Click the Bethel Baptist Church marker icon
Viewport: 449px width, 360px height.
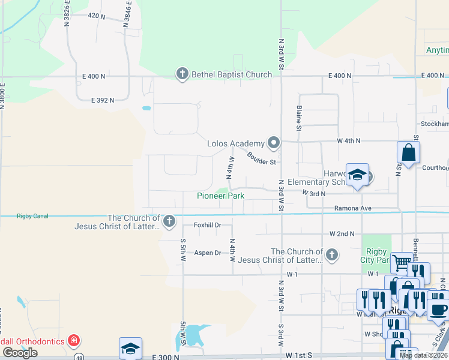182,74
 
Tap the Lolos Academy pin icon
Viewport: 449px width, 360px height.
274,143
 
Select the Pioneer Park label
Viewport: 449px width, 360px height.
221,196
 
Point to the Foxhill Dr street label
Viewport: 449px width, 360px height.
208,225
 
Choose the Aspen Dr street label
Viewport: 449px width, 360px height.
208,253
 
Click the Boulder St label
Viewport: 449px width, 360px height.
261,158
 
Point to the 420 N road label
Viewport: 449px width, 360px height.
96,16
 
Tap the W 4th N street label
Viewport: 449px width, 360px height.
348,140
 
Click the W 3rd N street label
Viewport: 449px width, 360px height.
313,193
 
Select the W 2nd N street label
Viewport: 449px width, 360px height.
342,233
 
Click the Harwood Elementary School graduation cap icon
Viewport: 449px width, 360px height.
357,175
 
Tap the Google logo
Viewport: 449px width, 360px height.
20,352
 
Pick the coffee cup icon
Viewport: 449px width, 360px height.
439,310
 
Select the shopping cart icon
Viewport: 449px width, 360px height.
402,262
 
